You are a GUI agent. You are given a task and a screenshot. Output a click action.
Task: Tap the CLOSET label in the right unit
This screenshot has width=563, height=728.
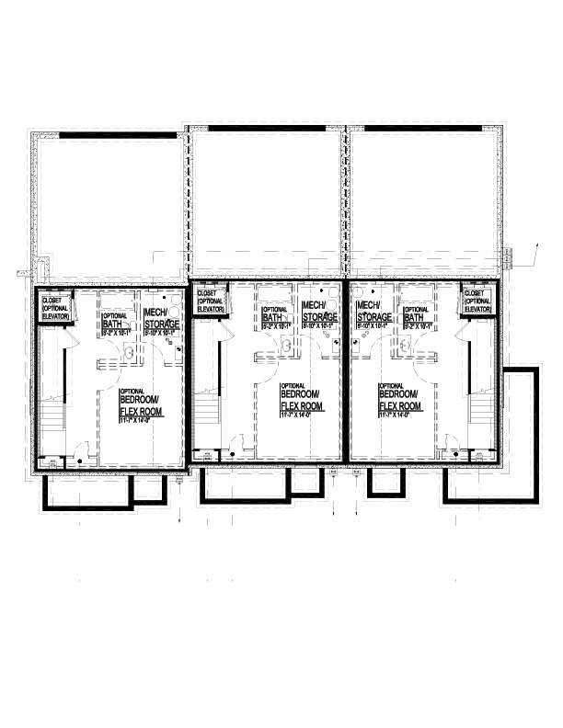tap(477, 295)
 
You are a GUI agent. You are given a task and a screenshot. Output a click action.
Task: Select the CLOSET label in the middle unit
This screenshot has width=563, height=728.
tap(207, 295)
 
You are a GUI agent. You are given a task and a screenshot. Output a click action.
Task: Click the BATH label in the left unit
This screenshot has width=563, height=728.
tap(111, 324)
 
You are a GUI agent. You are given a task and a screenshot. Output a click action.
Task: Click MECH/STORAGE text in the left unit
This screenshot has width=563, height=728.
tap(161, 318)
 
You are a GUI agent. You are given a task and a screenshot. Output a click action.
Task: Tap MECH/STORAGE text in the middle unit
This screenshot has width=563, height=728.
tap(318, 311)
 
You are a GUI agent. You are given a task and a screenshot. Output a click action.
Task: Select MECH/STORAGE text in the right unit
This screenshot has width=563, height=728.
tap(373, 311)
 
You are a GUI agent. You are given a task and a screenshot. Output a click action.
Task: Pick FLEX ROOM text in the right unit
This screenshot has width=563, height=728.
tap(399, 405)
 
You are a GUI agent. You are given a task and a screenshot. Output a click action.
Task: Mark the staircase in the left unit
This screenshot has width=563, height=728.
tap(52, 386)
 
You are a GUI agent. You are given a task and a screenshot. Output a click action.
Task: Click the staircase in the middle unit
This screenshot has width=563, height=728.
tap(208, 386)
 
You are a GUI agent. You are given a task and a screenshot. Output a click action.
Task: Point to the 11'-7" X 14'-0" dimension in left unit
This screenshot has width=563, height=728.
tap(140, 422)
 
